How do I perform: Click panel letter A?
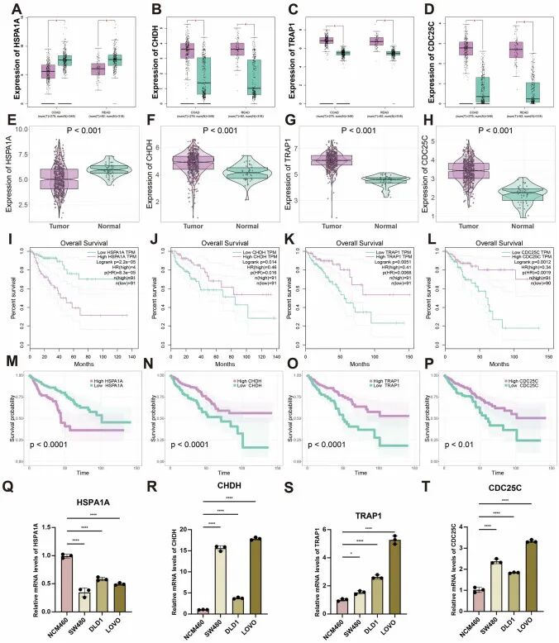(11, 9)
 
